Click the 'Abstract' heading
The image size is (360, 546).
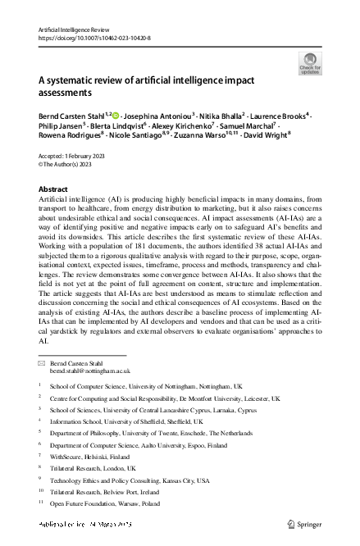[54, 189]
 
